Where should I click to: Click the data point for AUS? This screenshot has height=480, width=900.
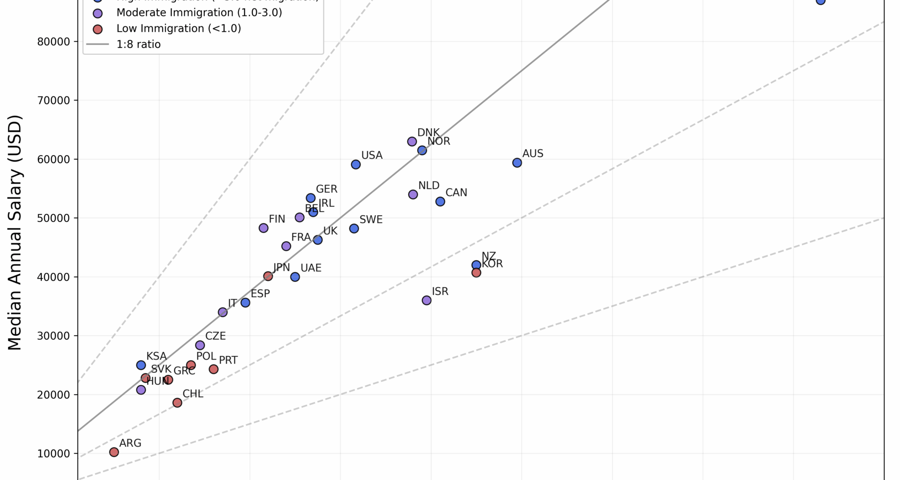point(517,163)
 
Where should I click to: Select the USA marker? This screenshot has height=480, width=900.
point(356,165)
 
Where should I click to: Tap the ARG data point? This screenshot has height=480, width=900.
point(114,452)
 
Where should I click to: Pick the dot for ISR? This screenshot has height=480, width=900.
point(427,300)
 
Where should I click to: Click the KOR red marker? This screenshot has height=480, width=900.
point(476,272)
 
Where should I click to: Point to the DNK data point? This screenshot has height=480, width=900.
point(412,142)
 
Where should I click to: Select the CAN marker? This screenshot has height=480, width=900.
point(440,202)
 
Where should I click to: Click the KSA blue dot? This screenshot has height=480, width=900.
point(141,365)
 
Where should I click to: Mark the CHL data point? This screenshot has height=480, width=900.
point(177,403)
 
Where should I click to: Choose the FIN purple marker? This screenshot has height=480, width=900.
point(263,228)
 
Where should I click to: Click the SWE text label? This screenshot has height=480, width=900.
point(371,220)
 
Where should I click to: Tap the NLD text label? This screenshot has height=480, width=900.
point(428,186)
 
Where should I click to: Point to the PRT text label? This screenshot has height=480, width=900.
point(228,360)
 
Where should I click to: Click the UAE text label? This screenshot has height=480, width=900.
point(311,268)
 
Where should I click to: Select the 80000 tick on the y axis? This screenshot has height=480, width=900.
point(53,42)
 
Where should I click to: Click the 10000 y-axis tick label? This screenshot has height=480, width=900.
point(53,454)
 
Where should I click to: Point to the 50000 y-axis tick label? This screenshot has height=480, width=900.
point(53,218)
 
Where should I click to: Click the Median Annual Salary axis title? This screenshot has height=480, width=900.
point(15,232)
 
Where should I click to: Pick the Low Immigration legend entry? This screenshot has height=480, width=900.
point(179,29)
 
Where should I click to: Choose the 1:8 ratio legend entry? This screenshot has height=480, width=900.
point(138,45)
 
